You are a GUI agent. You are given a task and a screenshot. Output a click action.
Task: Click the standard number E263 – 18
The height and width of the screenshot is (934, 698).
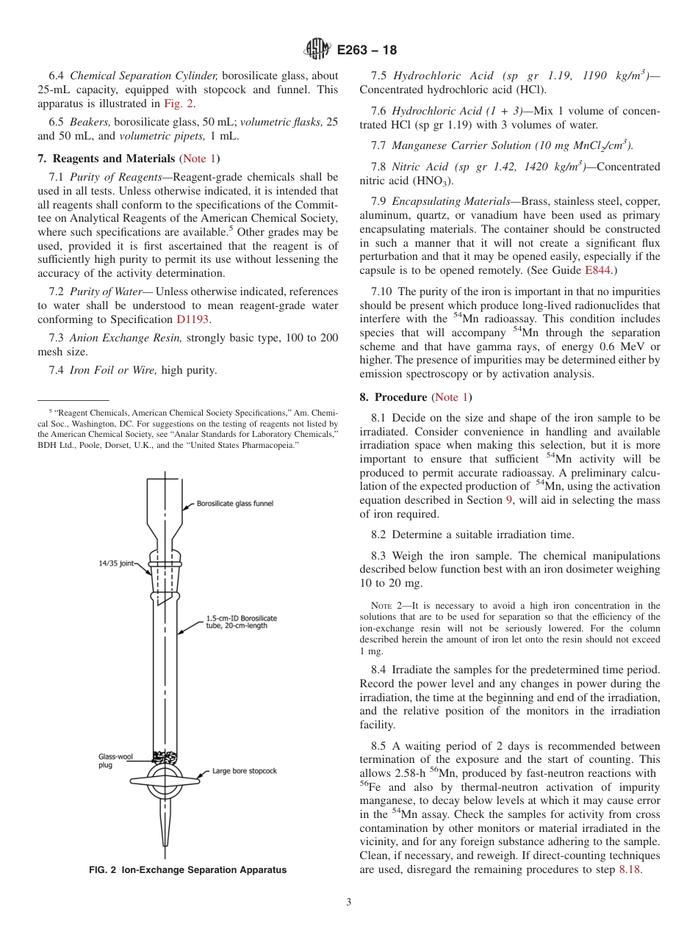click(x=367, y=51)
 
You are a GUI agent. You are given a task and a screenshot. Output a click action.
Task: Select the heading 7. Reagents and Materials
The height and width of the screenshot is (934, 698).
click(x=107, y=159)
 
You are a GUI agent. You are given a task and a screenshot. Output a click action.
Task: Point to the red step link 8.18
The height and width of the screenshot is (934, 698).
click(x=631, y=870)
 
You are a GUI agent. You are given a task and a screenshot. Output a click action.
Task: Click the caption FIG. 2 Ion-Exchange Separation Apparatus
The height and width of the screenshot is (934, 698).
click(x=187, y=870)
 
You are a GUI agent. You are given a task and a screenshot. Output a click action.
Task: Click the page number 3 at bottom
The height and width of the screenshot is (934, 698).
click(x=348, y=902)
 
